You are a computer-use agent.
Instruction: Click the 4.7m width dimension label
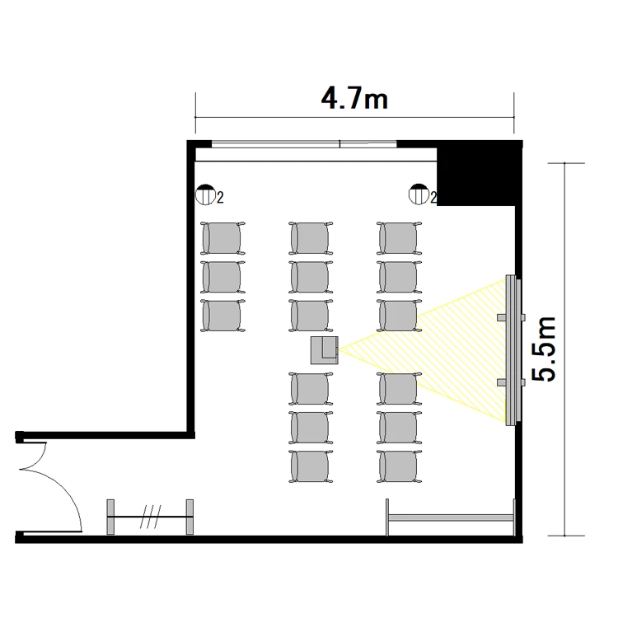tap(354, 99)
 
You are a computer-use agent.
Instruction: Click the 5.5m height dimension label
tap(544, 349)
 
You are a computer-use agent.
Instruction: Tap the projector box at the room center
tap(325, 350)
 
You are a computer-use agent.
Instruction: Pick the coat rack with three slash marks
tap(150, 517)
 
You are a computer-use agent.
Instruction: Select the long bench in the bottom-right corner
tap(451, 517)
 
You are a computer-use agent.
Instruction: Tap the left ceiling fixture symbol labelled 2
tap(205, 194)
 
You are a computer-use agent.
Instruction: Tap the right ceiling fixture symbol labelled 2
tap(419, 194)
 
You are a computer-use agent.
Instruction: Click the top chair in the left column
tap(222, 238)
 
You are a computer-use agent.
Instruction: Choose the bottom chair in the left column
tap(222, 316)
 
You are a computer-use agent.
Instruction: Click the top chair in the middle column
tap(311, 238)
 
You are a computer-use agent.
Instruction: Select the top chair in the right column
tap(399, 238)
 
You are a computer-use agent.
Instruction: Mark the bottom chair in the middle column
tap(311, 466)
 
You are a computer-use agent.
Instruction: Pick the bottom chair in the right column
tap(399, 466)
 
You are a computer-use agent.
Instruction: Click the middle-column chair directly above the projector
tap(311, 316)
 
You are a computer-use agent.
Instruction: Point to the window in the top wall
tap(304, 144)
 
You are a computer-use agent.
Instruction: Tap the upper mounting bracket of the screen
tap(511, 317)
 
